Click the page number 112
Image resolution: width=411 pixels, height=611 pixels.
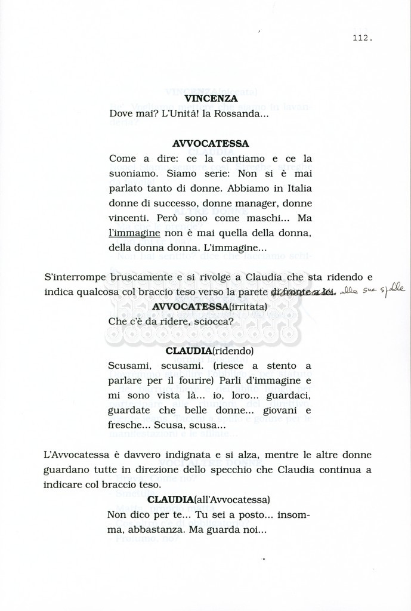pyautogui.click(x=362, y=38)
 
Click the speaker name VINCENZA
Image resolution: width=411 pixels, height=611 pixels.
pyautogui.click(x=211, y=98)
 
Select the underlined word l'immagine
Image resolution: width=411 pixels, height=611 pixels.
pyautogui.click(x=134, y=233)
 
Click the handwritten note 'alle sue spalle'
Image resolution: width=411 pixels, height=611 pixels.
pyautogui.click(x=376, y=291)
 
